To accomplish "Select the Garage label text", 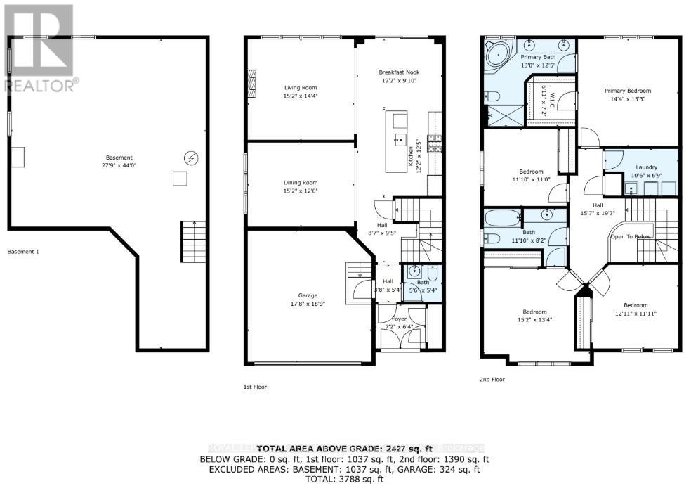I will [x=308, y=295].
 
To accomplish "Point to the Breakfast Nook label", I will [x=398, y=72].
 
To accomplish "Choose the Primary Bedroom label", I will [x=629, y=91].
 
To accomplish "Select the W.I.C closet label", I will [x=552, y=96].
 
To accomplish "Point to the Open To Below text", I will [x=631, y=236].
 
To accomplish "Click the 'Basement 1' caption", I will [x=23, y=251].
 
